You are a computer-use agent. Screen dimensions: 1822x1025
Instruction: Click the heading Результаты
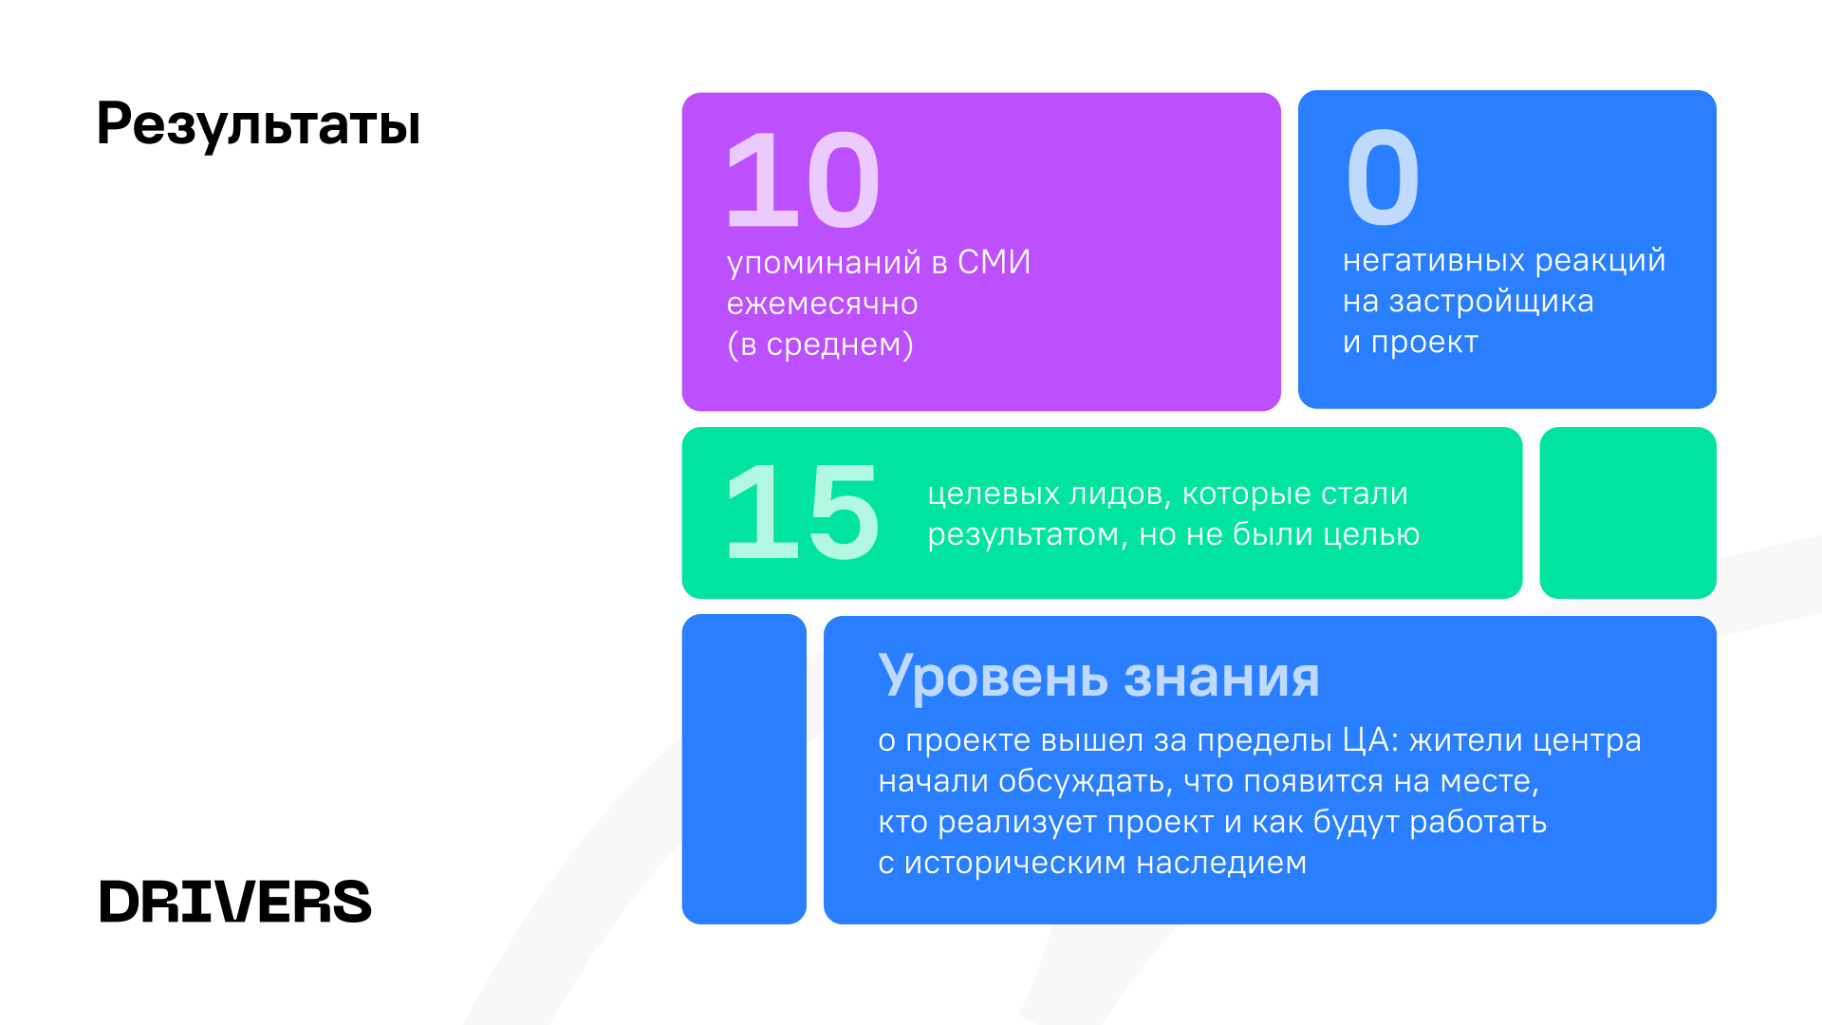(x=258, y=124)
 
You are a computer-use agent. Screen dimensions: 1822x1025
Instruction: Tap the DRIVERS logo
(x=235, y=902)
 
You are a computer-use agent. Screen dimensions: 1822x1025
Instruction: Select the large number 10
(x=803, y=180)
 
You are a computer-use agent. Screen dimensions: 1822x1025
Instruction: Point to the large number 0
(x=1383, y=177)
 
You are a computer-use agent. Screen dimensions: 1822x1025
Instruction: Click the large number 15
(x=803, y=512)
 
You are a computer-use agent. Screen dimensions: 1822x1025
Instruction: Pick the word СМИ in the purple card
(x=994, y=262)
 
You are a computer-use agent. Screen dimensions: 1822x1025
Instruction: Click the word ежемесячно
(x=823, y=304)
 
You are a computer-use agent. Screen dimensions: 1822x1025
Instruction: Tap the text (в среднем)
(x=820, y=345)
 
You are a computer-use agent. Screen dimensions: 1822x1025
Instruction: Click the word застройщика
(x=1491, y=302)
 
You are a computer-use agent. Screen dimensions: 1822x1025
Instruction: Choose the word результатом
(x=1021, y=535)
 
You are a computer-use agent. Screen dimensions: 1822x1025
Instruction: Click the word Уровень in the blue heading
(x=993, y=677)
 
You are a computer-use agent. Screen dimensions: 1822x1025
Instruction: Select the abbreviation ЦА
(x=1369, y=740)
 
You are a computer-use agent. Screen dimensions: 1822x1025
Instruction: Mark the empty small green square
(x=1627, y=512)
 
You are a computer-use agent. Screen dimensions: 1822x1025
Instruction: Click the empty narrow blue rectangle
(x=744, y=769)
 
